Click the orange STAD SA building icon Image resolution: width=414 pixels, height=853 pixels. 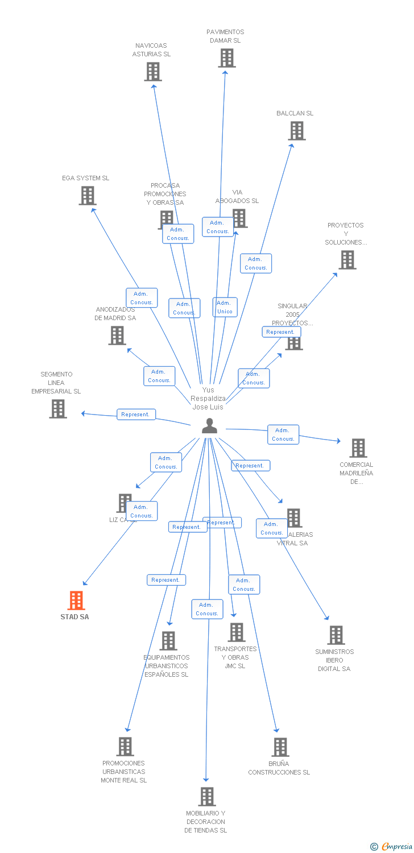coord(76,601)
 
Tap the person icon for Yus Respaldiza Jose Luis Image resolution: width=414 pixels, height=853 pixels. coord(210,426)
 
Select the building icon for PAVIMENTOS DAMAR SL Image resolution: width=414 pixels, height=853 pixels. coord(226,58)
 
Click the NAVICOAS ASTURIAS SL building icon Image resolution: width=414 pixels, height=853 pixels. coord(152,72)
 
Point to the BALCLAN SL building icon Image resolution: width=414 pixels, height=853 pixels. coord(296,131)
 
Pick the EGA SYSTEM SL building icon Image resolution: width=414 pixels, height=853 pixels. coord(87,196)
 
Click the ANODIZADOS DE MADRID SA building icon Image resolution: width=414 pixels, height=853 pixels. coord(117,336)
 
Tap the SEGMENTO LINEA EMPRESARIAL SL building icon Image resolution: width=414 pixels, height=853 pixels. coord(57,409)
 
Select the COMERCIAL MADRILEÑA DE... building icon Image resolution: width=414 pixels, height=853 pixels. coord(358,448)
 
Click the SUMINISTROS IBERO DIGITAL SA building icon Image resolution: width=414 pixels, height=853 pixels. coord(336,635)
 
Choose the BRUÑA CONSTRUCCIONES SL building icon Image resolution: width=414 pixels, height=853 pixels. coord(280,747)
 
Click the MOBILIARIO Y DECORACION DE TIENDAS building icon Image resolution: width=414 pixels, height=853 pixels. coord(207,797)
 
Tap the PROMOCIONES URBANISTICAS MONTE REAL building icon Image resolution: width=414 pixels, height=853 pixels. coord(125,747)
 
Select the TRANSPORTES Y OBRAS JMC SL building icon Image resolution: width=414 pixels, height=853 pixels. coord(236,632)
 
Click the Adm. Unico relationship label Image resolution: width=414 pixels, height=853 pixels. coord(225,307)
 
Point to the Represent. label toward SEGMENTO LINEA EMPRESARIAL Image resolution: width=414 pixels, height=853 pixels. coord(135,415)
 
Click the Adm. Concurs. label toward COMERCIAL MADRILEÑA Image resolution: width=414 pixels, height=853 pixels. coord(283,434)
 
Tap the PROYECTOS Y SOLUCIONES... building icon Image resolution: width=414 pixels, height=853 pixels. coord(347,260)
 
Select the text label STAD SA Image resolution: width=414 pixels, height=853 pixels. coord(74,617)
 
